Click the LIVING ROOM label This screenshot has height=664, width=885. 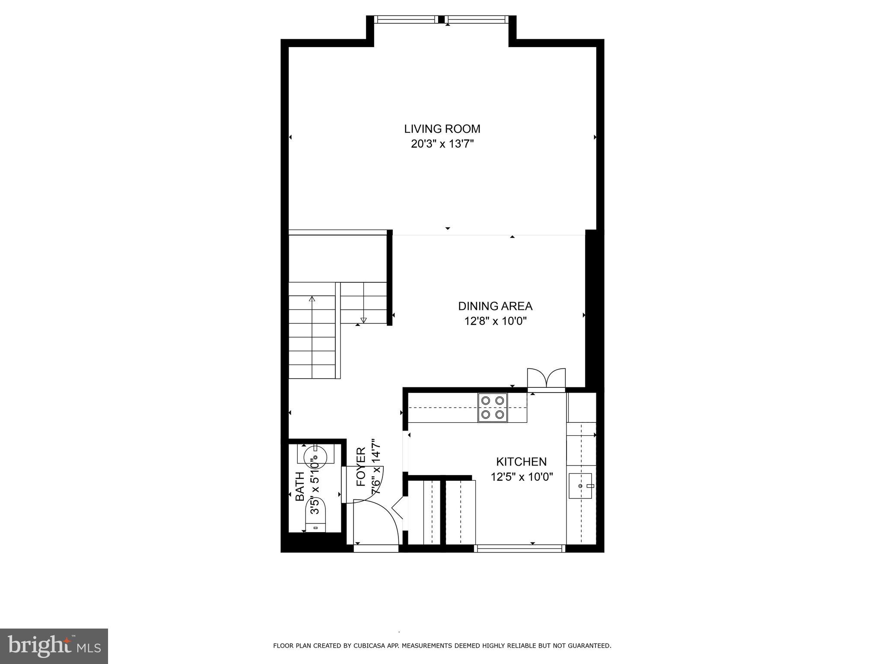tap(442, 129)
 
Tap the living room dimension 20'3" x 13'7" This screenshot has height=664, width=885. tap(442, 144)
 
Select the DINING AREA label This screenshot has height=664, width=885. tap(495, 306)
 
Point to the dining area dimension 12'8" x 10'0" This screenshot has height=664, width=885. tap(495, 321)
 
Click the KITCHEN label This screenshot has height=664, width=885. tap(521, 462)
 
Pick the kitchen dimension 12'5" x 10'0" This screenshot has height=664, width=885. tap(522, 477)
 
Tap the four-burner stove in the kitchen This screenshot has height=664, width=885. tap(493, 408)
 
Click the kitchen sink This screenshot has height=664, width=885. tap(580, 486)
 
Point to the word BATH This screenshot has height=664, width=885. tap(299, 486)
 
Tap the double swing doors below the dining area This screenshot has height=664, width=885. tap(546, 379)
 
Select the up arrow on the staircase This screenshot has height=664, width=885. tap(312, 298)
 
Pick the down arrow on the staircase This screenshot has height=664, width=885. tap(363, 320)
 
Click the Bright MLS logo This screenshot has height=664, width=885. tap(54, 646)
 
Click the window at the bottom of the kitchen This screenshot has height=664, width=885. tap(519, 549)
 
